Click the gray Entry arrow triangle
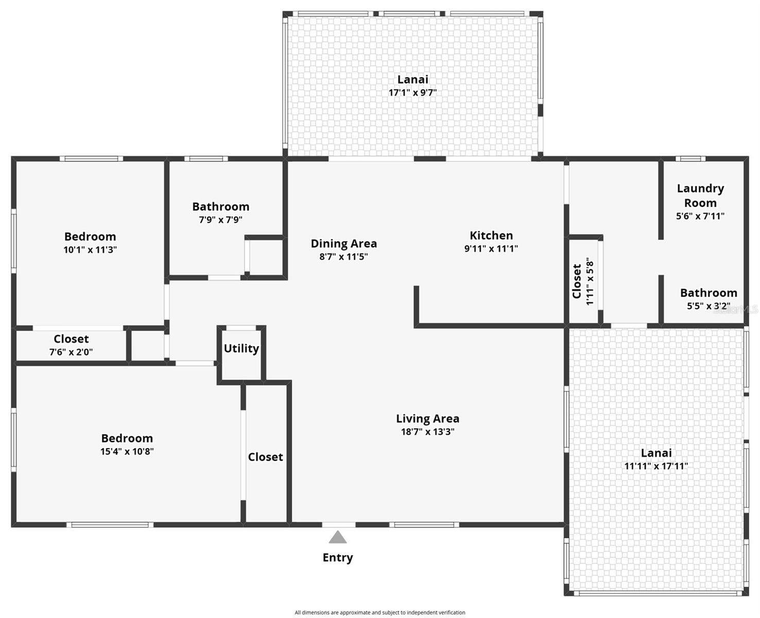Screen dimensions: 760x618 point(338,537)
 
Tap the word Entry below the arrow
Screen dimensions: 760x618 point(338,558)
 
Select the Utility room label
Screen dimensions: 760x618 point(241,348)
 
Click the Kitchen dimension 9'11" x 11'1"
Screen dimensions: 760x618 point(491,249)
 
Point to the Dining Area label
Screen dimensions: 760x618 point(343,244)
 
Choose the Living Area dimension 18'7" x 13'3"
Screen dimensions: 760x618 point(427,432)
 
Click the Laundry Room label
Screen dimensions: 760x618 point(700,196)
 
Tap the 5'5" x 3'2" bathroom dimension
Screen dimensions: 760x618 point(709,306)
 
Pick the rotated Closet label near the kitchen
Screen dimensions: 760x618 point(577,282)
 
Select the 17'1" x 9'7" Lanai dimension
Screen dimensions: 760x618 point(412,93)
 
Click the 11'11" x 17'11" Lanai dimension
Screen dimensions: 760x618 point(656,466)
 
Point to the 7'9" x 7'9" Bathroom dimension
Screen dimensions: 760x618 point(220,220)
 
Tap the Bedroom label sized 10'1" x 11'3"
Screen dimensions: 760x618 point(90,236)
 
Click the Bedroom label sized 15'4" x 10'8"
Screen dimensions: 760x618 point(127,438)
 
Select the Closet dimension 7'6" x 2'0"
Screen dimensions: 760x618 point(71,352)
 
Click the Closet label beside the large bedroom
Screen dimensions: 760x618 point(266,457)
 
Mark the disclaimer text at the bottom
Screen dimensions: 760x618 point(380,612)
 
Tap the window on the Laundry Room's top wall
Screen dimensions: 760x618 point(690,159)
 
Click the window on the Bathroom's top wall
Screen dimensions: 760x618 point(206,159)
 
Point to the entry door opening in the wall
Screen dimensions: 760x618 point(339,524)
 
